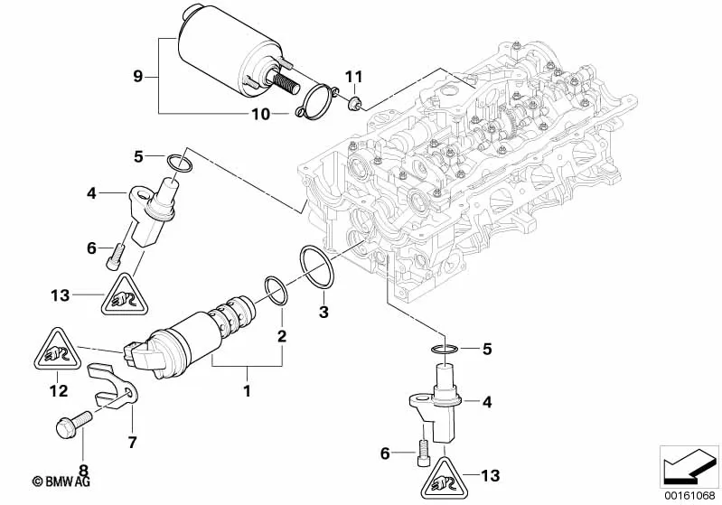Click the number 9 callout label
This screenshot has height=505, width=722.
click(x=138, y=77)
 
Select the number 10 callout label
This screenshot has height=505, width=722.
click(x=260, y=114)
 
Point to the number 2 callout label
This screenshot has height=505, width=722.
click(x=282, y=336)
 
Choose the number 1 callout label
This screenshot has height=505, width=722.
click(x=245, y=391)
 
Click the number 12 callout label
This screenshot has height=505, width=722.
click(x=58, y=391)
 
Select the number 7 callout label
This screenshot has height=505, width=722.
click(x=132, y=442)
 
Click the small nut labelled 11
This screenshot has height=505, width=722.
click(x=354, y=99)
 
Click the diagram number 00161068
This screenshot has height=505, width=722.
click(x=689, y=493)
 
